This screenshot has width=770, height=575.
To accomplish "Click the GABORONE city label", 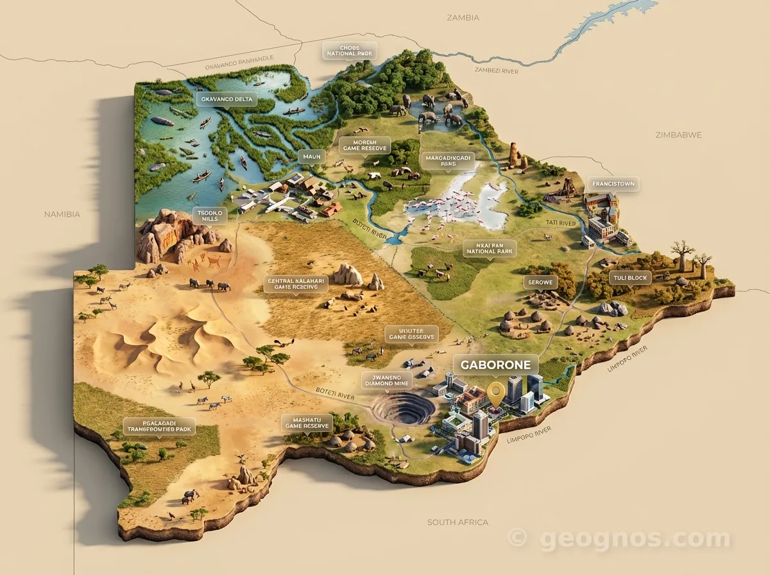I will coord(496,365).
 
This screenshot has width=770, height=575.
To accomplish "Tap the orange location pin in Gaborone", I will coord(495,393).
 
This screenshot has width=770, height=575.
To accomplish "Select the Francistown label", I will coord(613,184).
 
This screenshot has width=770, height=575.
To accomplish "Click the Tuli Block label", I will coord(630,278).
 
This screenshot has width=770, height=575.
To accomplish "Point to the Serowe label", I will coord(540,282).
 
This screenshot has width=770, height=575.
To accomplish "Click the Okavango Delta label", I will coord(226,99).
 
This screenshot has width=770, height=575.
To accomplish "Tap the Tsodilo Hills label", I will coord(210,215).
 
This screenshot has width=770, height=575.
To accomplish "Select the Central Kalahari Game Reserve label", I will coord(296,284).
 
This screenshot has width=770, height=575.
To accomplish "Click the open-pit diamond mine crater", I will coord(403,409).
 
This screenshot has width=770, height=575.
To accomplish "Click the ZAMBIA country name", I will coord(463,18).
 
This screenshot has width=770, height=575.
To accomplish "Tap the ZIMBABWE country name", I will coord(678,135).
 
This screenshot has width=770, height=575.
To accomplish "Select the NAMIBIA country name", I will coord(62,214).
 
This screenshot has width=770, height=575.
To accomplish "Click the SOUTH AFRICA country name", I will coord(458,522).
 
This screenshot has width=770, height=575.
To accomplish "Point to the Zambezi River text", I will coord(496,71).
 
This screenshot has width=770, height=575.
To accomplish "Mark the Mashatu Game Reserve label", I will coord(307,422).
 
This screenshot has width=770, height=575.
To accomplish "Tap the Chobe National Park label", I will coord(350,51).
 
